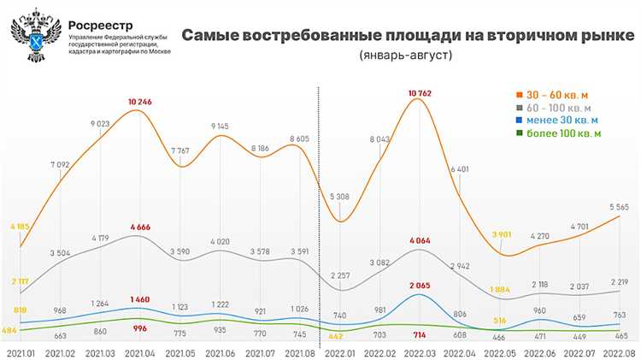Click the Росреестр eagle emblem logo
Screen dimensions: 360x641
36,33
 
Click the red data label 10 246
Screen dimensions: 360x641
140,102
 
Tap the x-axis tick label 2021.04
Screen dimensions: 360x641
140,351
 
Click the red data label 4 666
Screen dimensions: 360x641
140,226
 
